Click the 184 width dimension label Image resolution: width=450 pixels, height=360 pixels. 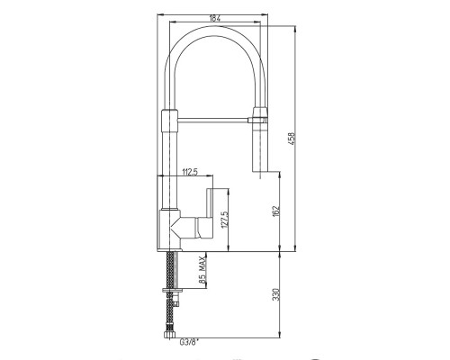click(x=215, y=18)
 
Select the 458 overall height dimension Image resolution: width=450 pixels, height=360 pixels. click(x=292, y=139)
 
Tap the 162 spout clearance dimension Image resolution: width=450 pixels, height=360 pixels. click(x=276, y=211)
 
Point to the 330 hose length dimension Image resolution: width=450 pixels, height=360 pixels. click(x=276, y=294)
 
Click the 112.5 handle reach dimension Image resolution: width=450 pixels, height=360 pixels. click(x=190, y=172)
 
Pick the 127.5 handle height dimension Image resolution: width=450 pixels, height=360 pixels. click(x=225, y=220)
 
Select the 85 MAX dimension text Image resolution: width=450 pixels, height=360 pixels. click(x=202, y=270)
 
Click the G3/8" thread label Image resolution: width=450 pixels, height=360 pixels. click(x=188, y=342)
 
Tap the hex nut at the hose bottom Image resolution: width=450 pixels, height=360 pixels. click(x=169, y=335)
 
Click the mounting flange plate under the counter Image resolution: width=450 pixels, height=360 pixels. click(x=173, y=290)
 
